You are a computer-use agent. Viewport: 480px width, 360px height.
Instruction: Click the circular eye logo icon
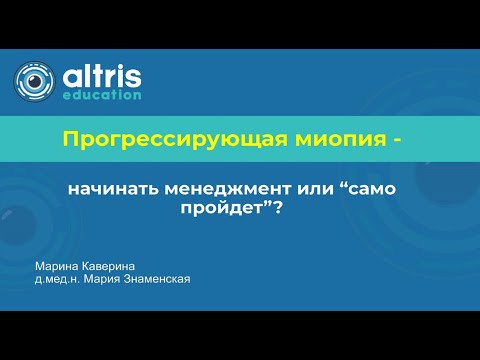click(34, 81)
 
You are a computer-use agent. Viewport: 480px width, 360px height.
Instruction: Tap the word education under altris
click(102, 96)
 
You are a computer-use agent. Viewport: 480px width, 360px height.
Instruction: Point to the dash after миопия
click(398, 139)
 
